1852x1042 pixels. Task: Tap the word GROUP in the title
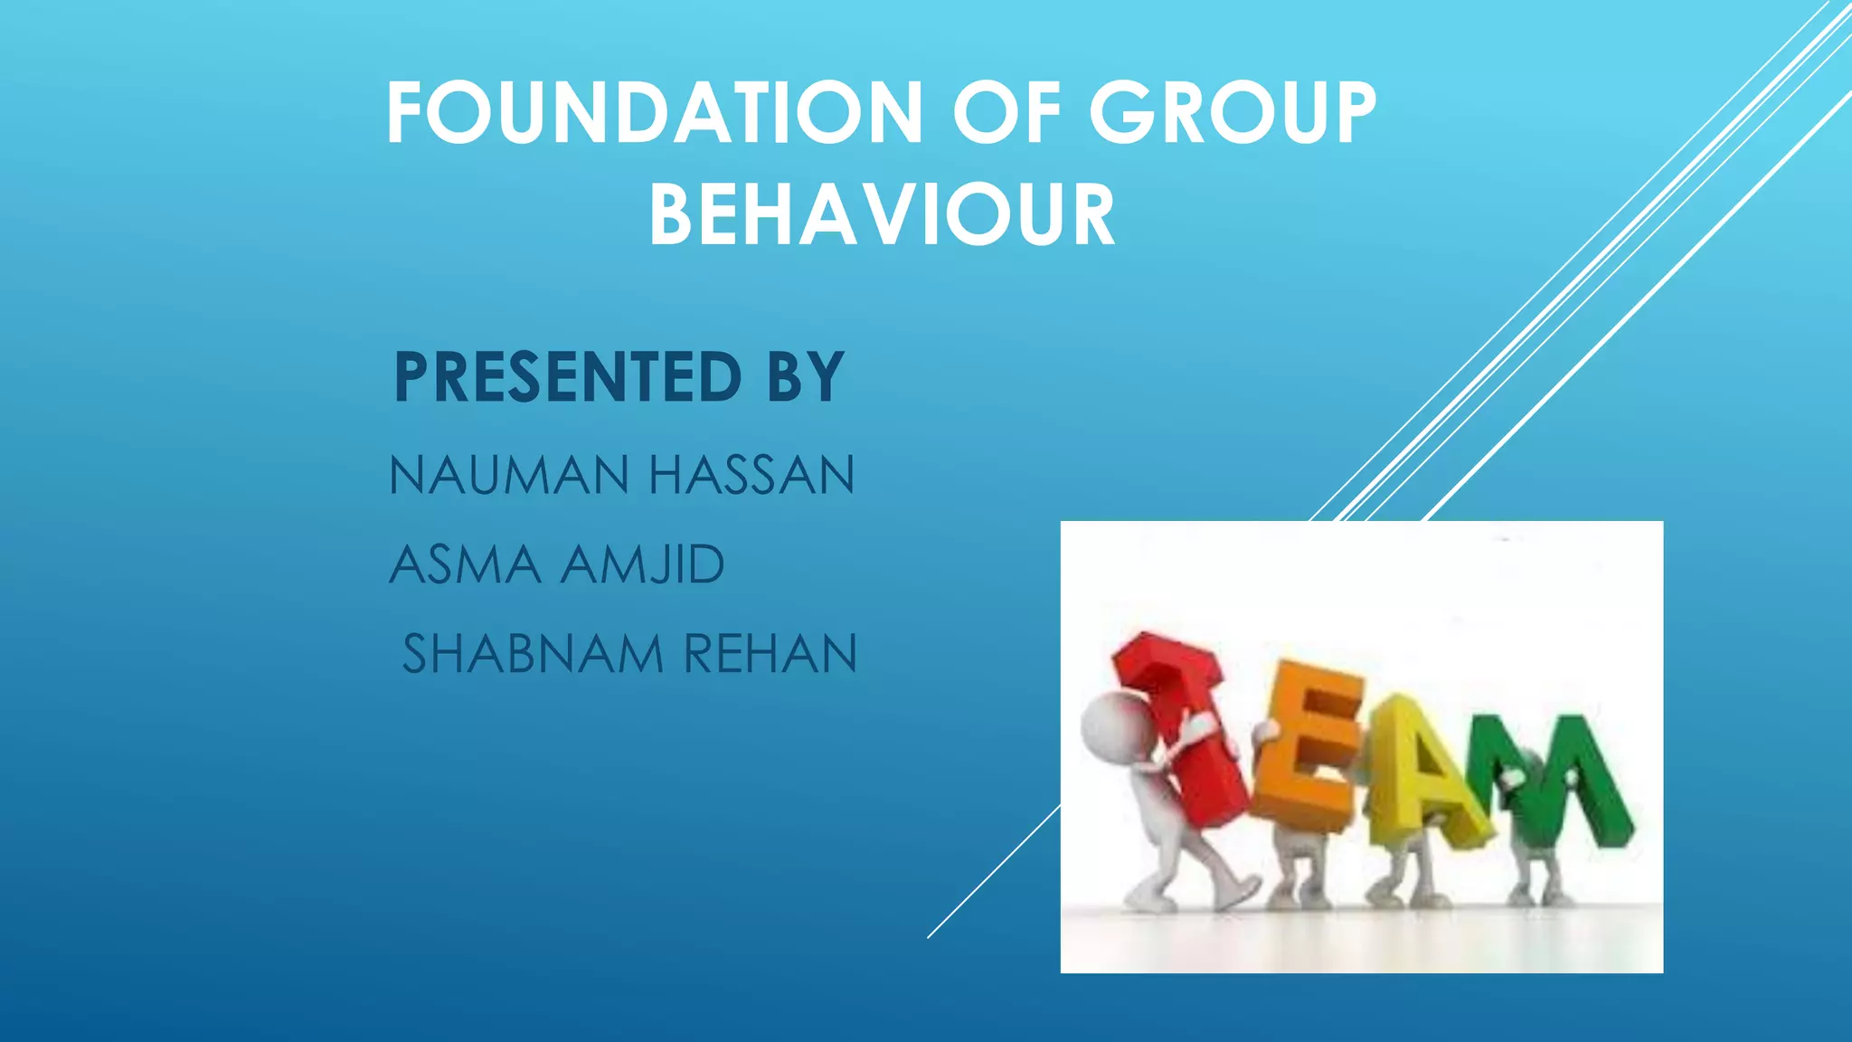(1232, 113)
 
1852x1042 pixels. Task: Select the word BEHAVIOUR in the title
(882, 215)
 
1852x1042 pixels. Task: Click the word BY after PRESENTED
(806, 377)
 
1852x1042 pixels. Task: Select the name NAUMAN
(509, 476)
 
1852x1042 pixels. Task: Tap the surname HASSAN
(751, 476)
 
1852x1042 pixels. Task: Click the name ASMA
(465, 565)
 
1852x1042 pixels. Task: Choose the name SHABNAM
(533, 654)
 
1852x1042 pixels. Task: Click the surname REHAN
(770, 654)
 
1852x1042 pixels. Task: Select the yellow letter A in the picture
(1415, 778)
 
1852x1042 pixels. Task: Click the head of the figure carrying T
(1117, 729)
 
